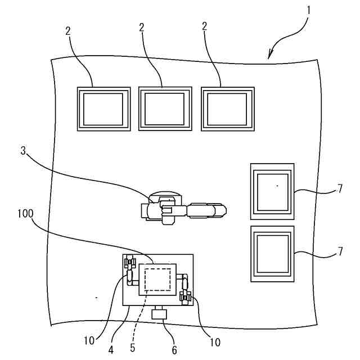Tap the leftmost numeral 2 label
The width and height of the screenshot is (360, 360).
[67, 30]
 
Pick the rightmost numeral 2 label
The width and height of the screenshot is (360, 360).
[204, 26]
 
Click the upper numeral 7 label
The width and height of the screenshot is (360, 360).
[340, 188]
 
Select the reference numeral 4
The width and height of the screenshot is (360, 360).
[111, 349]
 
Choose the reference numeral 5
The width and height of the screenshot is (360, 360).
[133, 348]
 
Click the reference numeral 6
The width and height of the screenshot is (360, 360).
[174, 350]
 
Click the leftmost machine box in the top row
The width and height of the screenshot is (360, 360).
[103, 109]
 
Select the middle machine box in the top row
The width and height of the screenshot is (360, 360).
[165, 109]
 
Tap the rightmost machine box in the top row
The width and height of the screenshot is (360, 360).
[228, 109]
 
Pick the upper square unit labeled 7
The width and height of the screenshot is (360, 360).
[272, 191]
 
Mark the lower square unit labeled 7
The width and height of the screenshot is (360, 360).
[272, 254]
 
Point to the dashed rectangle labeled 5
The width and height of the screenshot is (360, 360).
[158, 279]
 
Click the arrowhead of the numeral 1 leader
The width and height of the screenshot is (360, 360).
[271, 58]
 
